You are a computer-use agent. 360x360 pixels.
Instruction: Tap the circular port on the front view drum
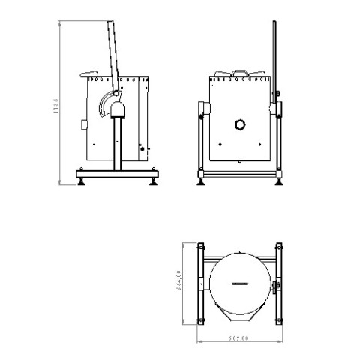click(x=239, y=124)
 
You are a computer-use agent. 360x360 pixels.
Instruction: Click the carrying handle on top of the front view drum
click(x=239, y=72)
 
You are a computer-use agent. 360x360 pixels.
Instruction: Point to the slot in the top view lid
click(x=240, y=283)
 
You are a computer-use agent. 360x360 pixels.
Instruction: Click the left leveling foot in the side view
click(x=79, y=181)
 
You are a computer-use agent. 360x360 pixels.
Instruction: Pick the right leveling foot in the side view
click(x=155, y=181)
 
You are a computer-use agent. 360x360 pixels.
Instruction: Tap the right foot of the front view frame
click(x=280, y=181)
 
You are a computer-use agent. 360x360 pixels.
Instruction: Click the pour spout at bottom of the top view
click(x=240, y=313)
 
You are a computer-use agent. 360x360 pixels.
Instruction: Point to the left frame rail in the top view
click(x=202, y=283)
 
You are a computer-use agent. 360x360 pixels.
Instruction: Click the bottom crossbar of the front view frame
click(x=240, y=175)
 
